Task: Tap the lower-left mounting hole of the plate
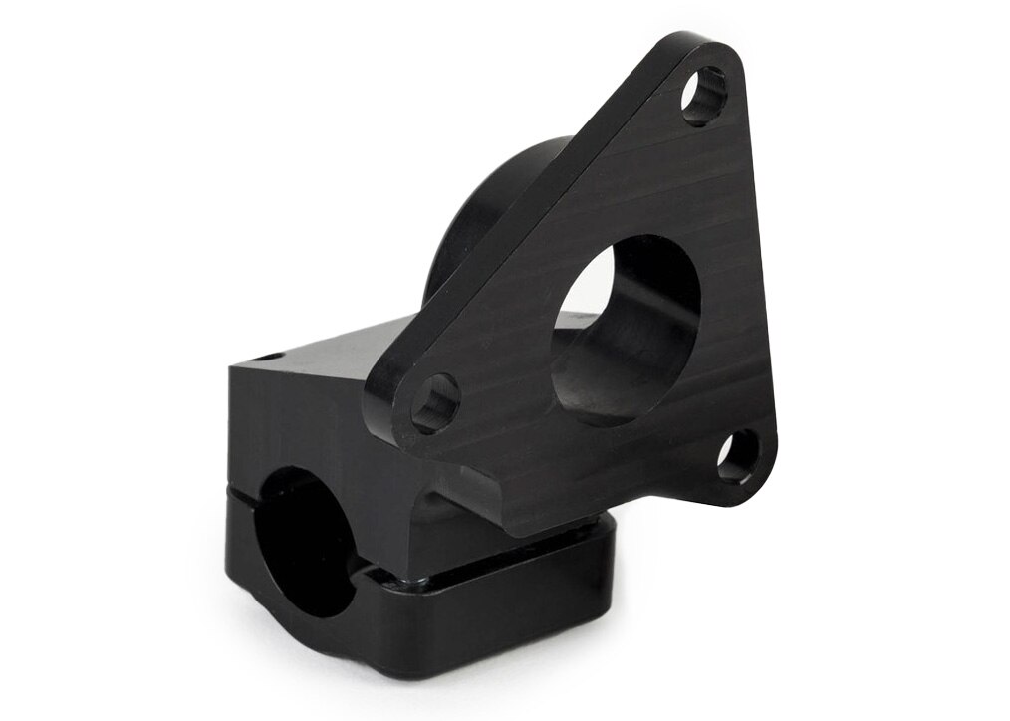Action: pos(435,403)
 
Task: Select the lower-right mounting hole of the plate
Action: pos(738,457)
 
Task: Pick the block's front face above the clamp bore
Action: pos(299,418)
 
